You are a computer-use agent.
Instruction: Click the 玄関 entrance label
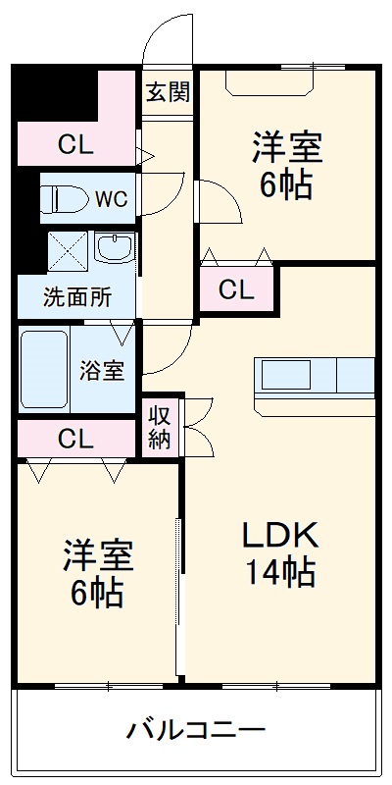click(x=169, y=93)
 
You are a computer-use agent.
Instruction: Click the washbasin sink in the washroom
click(x=116, y=249)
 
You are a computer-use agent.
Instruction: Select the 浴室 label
click(x=102, y=373)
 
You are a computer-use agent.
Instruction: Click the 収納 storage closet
click(x=160, y=426)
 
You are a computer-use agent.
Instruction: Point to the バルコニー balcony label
click(x=196, y=730)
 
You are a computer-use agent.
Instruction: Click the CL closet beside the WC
click(x=74, y=145)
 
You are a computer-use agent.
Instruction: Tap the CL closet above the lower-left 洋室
click(x=74, y=438)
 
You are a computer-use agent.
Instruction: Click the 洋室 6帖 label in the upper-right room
click(x=286, y=167)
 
